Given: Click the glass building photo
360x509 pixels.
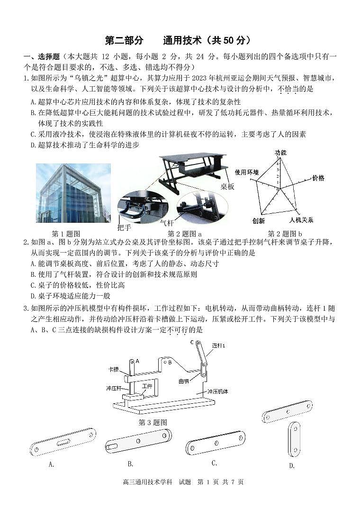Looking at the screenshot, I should coord(73,193).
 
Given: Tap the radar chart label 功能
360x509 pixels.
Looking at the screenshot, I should coord(280,153).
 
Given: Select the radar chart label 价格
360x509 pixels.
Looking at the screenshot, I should coord(318,178).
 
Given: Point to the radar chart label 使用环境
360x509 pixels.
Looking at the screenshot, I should coord(247,172).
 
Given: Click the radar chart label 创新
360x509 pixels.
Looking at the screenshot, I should coord(258,221).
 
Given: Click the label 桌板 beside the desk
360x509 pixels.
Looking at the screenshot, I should coord(227,187).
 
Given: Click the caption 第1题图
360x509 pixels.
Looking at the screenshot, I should coord(65,234).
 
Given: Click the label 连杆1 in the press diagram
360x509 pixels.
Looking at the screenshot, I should coord(218,345).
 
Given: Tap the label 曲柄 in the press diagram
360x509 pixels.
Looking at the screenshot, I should coord(184,381).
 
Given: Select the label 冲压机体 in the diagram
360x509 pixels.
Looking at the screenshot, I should coord(217,391).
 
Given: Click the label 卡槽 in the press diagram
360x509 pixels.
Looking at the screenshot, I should coord(113,369).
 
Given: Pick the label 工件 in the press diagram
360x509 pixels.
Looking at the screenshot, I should coord(147,387).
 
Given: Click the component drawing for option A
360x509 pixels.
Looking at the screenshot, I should coord(63,442).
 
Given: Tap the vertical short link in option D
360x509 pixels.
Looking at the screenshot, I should coord(293,439).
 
